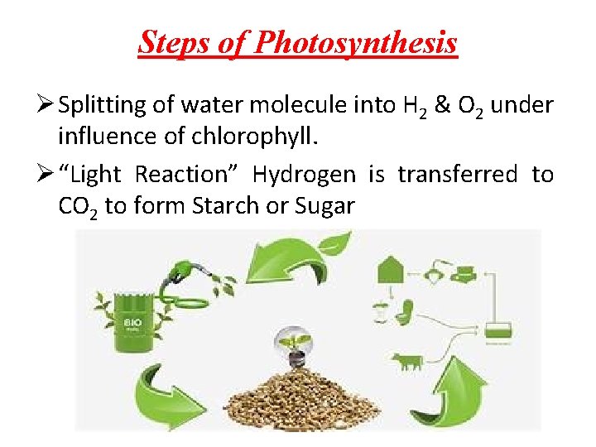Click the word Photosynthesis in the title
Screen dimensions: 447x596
(355, 42)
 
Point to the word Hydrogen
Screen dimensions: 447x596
(304, 175)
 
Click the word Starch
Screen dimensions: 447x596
(223, 206)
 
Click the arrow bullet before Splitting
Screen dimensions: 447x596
(48, 106)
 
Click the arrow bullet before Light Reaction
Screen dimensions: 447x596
(48, 175)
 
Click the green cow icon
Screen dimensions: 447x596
(406, 361)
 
